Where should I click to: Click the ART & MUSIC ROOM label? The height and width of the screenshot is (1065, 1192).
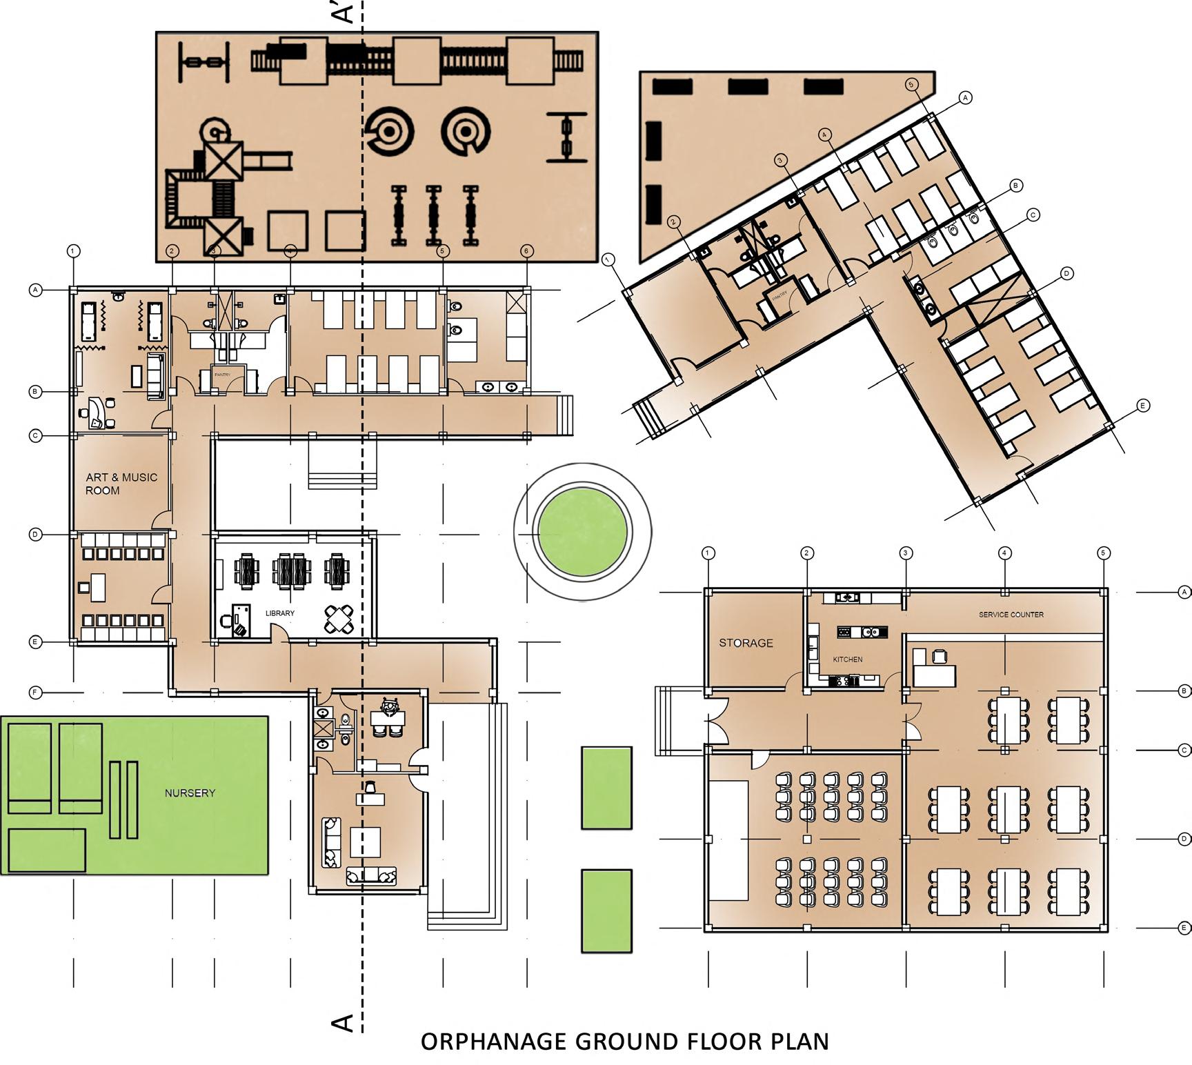pyautogui.click(x=121, y=484)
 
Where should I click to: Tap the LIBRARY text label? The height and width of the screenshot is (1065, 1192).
pyautogui.click(x=280, y=613)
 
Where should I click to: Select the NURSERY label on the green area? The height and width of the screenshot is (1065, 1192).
pyautogui.click(x=190, y=793)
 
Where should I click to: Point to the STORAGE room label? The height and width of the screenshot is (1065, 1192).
pyautogui.click(x=746, y=643)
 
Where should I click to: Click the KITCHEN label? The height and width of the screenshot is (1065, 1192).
pyautogui.click(x=847, y=659)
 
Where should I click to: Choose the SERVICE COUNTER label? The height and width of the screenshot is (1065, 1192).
pyautogui.click(x=1011, y=615)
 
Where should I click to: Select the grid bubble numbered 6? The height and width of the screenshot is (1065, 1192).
pyautogui.click(x=526, y=251)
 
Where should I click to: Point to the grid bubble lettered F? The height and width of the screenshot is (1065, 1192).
pyautogui.click(x=36, y=692)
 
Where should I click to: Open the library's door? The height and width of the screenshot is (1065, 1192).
pyautogui.click(x=278, y=633)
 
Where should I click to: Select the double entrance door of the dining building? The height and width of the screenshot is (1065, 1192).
pyautogui.click(x=716, y=721)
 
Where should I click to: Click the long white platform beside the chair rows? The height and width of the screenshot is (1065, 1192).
pyautogui.click(x=728, y=839)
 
